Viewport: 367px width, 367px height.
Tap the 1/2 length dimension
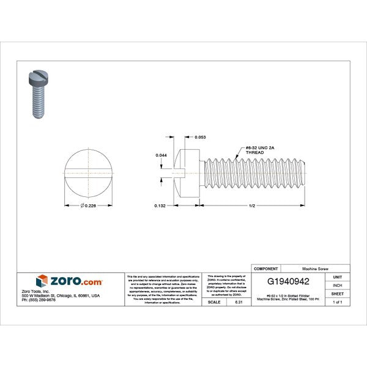[x=253, y=206]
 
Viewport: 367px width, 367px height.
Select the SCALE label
[x=214, y=302]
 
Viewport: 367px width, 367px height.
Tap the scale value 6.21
[x=239, y=302]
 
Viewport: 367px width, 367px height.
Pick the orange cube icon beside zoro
[x=42, y=281]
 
